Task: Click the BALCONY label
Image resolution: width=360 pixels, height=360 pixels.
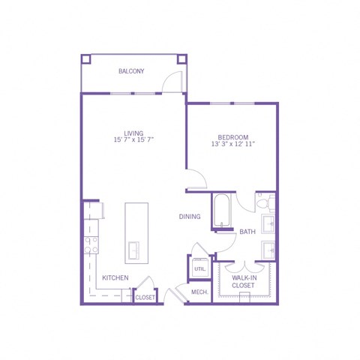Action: pos(131,71)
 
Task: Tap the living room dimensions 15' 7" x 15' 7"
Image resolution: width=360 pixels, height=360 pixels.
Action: pos(133,139)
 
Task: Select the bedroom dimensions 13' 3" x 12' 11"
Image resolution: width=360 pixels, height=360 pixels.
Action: pos(233,144)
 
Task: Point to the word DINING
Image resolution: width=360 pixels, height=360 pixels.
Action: pos(190,217)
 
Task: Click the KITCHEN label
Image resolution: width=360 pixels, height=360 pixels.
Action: pos(115,277)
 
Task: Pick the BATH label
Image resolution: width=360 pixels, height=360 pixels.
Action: pos(247,232)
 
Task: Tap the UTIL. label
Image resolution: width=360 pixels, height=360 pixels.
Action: pos(200,269)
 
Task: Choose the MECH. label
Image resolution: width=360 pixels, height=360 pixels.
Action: pos(199,292)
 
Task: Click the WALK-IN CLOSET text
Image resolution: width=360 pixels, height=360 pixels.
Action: pos(243,281)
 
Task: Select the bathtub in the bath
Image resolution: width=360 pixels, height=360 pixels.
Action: pos(221,210)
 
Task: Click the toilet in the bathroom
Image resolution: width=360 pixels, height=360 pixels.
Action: pos(265,202)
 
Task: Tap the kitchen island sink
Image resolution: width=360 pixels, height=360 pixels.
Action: pos(134,250)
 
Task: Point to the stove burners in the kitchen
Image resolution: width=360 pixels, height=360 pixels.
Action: pos(91,244)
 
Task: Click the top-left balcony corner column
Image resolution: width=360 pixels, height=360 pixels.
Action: pos(86,59)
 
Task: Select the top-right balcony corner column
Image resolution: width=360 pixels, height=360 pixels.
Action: pos(182,59)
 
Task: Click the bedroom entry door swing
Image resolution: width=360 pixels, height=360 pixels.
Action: pos(200,175)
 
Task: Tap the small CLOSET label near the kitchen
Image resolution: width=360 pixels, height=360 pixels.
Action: pos(145,298)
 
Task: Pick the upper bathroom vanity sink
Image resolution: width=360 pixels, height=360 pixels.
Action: pos(268,223)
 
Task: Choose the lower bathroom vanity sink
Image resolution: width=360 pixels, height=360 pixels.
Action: pos(268,250)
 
